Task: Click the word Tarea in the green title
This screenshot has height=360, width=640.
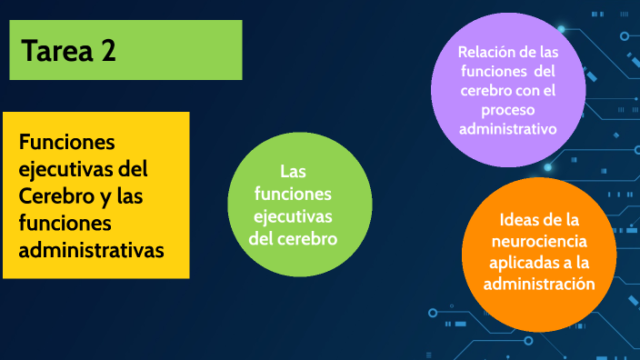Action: click(56, 52)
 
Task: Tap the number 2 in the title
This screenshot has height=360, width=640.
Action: click(108, 52)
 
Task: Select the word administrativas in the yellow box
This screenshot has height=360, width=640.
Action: click(92, 249)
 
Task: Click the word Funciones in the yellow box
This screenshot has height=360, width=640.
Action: click(67, 144)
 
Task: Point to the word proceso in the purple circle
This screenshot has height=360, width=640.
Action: click(508, 110)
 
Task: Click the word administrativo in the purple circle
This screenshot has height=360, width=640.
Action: click(508, 129)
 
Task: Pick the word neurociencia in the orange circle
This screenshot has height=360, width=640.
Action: click(540, 242)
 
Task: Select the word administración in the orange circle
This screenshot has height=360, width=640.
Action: click(540, 284)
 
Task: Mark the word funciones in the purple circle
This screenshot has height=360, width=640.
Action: click(490, 72)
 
